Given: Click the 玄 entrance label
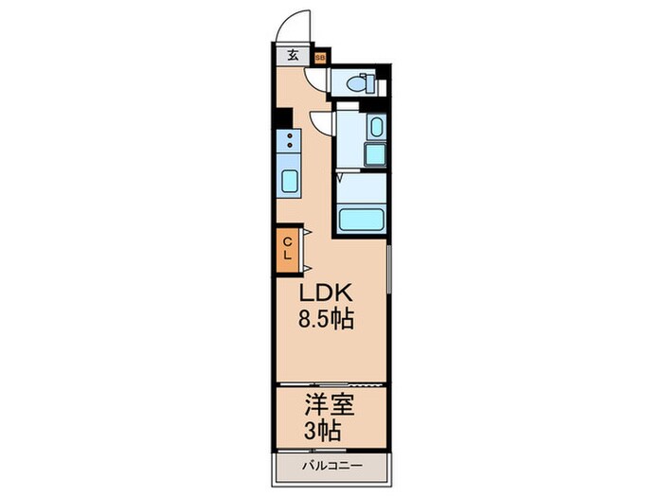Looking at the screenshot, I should (x=293, y=55).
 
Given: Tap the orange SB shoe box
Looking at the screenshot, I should (x=320, y=57).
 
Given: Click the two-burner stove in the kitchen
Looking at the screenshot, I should (x=288, y=143).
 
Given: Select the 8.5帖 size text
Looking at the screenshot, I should (x=327, y=319).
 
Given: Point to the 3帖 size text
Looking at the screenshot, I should (x=325, y=432).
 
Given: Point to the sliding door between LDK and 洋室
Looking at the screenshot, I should (x=331, y=384).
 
